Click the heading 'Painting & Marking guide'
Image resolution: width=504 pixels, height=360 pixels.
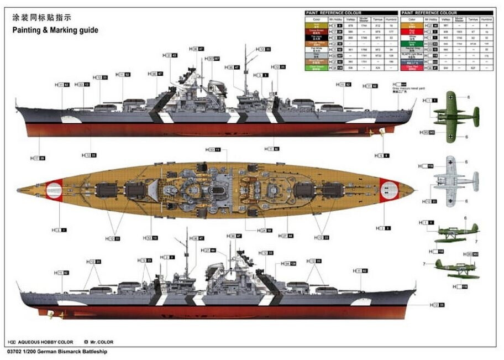click(x=55, y=30)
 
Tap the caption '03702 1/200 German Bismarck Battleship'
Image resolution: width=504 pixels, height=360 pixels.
click(x=58, y=351)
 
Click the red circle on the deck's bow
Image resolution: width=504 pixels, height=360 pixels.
click(x=389, y=189)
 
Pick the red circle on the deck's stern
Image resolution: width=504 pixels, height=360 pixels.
click(x=54, y=190)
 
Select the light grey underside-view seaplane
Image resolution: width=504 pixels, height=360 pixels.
click(x=454, y=181)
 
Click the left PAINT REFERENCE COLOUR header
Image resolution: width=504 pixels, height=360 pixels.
click(x=333, y=12)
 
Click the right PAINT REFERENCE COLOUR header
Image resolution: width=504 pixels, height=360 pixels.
click(x=430, y=12)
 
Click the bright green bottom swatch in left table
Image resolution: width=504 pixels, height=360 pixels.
click(x=316, y=67)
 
